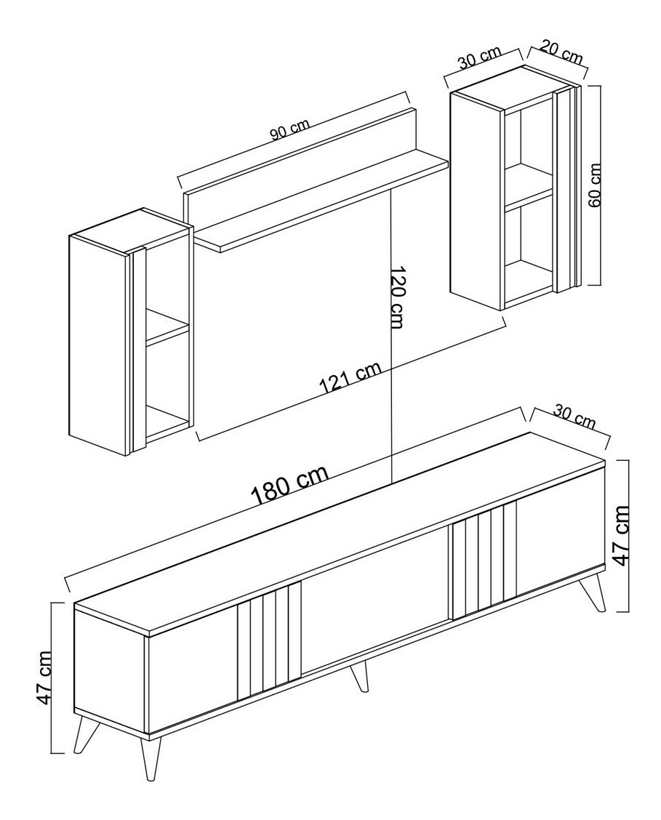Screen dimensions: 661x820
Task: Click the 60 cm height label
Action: point(595,185)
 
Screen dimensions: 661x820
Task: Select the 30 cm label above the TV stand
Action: point(574,417)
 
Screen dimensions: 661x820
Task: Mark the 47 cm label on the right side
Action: point(621,536)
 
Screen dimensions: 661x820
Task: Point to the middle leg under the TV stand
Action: point(358,677)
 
